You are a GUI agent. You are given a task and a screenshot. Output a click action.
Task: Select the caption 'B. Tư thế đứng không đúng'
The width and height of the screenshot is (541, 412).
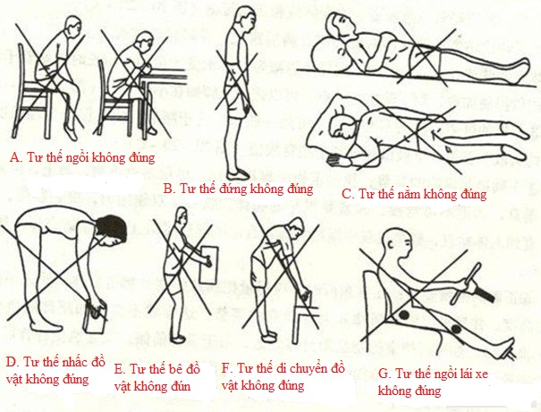click(237, 189)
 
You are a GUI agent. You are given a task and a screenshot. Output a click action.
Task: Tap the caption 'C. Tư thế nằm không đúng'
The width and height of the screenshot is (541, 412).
click(414, 193)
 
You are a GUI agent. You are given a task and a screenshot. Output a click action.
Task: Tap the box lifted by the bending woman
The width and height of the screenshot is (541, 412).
click(95, 316)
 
